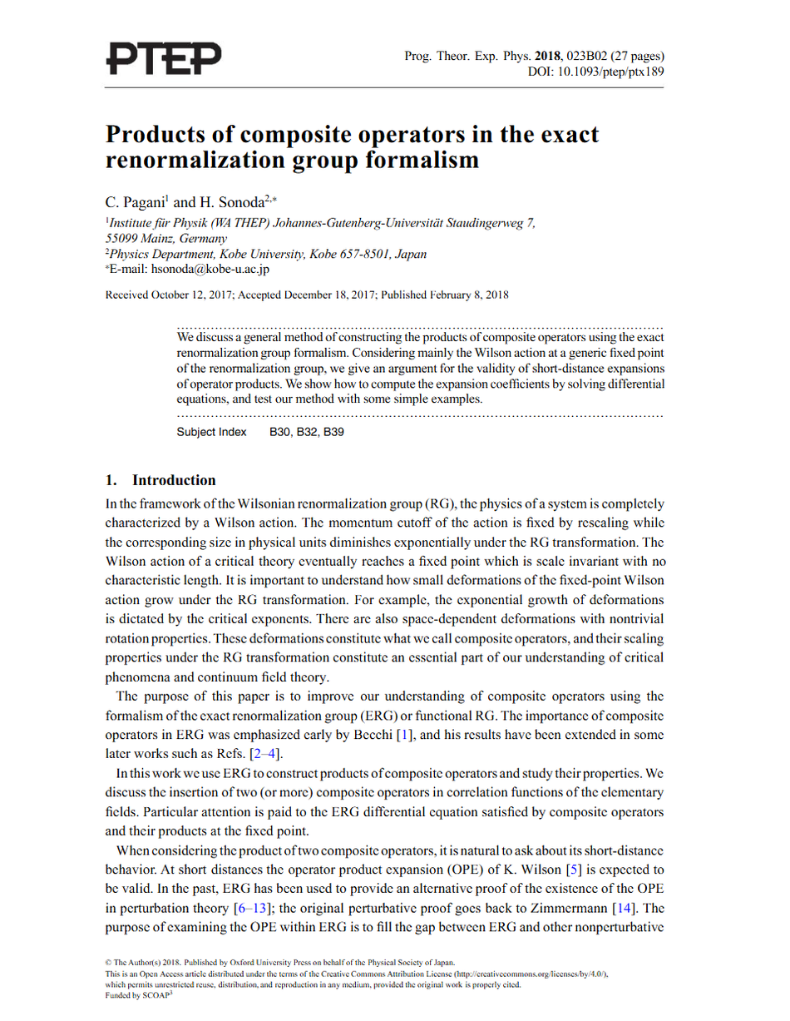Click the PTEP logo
[165, 57]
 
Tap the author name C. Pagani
[138, 201]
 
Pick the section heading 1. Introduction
[160, 480]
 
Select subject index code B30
[279, 433]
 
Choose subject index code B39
[333, 433]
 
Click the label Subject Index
[212, 433]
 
